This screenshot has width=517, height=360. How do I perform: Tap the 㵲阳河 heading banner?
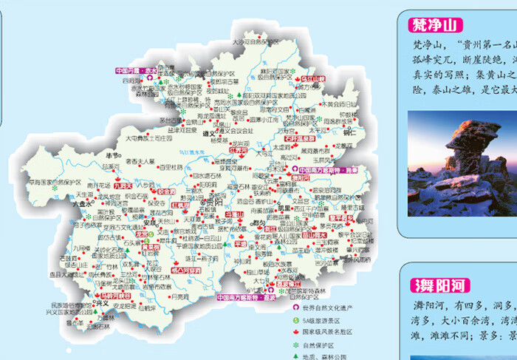(x=440, y=285)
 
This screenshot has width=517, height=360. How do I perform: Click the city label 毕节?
(x=112, y=155)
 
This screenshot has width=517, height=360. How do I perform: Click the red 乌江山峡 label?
(x=310, y=78)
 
